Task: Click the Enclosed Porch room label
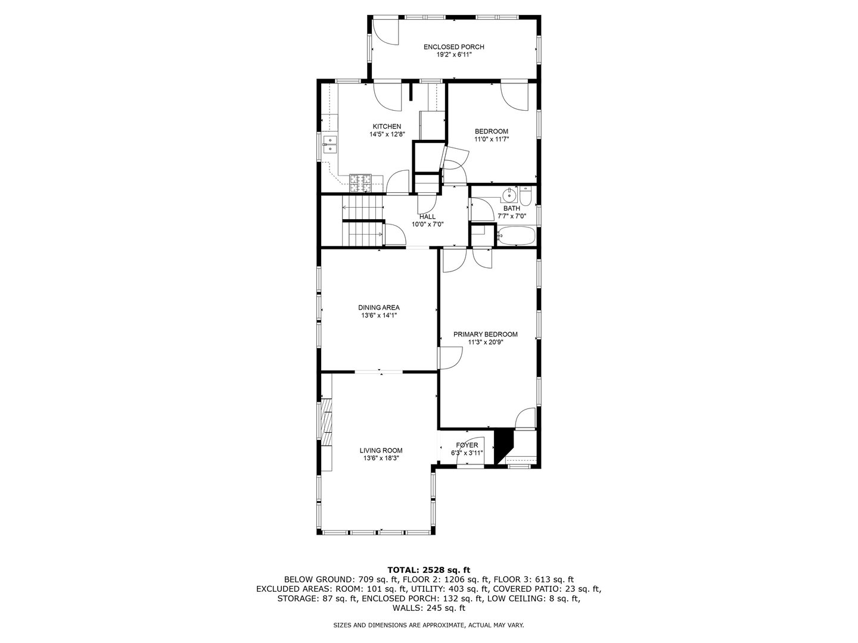453,47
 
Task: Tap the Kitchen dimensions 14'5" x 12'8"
387,135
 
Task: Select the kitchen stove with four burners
360,182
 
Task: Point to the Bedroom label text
491,132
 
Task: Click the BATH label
511,208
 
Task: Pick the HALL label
427,217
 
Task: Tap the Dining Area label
378,308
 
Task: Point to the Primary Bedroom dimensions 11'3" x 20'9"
486,342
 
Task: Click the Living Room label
381,451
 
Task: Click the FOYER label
467,445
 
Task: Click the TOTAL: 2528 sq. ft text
428,570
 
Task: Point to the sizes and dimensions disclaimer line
428,625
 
